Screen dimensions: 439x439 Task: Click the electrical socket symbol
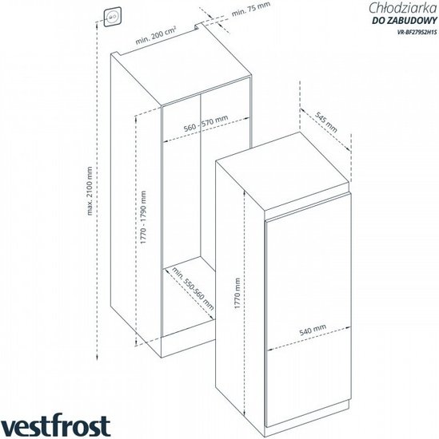tap(113, 17)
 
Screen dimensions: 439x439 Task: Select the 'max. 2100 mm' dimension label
tap(90, 191)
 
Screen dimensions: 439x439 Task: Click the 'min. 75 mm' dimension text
tap(251, 9)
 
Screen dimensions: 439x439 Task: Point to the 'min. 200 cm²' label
tap(156, 35)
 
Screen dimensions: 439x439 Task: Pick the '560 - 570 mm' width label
tap(206, 124)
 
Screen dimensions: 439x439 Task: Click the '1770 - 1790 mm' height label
tap(143, 217)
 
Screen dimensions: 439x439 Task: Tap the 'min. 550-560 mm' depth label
tap(193, 288)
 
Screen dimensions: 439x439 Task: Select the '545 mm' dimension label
tap(326, 122)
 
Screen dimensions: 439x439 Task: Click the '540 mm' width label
tap(313, 330)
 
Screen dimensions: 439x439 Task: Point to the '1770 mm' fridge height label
tap(237, 293)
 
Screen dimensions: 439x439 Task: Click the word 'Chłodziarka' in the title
tap(402, 8)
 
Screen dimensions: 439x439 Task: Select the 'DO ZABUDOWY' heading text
tap(405, 21)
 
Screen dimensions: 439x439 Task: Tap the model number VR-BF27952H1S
tap(417, 32)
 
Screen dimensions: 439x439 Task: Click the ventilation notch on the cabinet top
tap(198, 26)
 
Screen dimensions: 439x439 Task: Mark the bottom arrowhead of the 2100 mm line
tap(97, 358)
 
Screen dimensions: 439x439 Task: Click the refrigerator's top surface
tap(283, 172)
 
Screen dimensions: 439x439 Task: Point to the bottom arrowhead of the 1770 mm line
tap(245, 415)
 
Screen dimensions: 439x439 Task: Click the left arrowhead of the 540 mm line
tap(269, 350)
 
